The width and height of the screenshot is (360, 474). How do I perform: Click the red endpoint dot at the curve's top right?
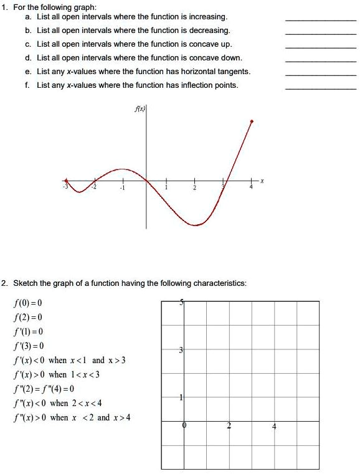click(x=252, y=121)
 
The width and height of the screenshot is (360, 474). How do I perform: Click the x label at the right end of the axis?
click(x=262, y=181)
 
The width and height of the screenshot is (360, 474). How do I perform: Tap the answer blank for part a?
click(x=321, y=21)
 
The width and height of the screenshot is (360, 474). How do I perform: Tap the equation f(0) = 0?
click(x=27, y=303)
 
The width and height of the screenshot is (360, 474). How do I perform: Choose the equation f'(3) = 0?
click(x=28, y=346)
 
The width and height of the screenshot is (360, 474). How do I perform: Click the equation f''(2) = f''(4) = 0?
click(x=47, y=389)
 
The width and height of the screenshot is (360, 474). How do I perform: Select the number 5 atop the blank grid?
click(x=181, y=303)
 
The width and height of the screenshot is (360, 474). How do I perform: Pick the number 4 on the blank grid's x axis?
click(x=274, y=427)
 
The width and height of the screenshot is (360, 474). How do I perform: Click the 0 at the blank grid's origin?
click(x=184, y=427)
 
